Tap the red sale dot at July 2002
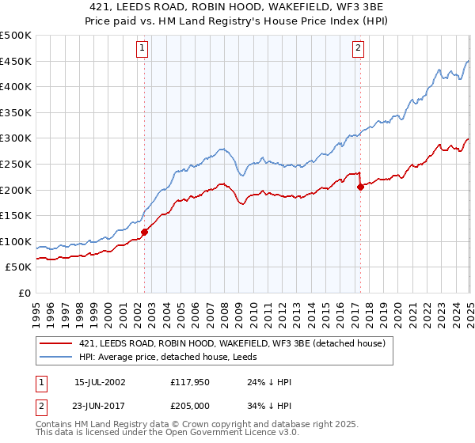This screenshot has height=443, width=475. point(145,232)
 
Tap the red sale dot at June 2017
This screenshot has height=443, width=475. point(360,187)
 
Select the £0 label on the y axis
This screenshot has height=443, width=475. point(24,292)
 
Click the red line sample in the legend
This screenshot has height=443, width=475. point(55,343)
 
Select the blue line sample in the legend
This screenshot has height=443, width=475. point(55,357)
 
